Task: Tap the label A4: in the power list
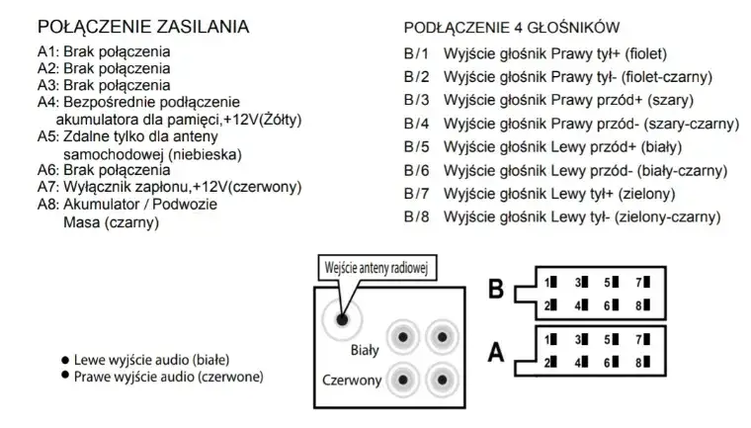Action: pos(48,102)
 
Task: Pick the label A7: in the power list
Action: pos(48,188)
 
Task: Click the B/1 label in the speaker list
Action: pos(417,53)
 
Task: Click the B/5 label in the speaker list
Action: pos(417,146)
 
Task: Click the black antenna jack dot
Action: pos(342,320)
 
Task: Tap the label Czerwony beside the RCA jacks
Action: pos(352,380)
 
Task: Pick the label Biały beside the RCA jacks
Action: pos(366,349)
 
